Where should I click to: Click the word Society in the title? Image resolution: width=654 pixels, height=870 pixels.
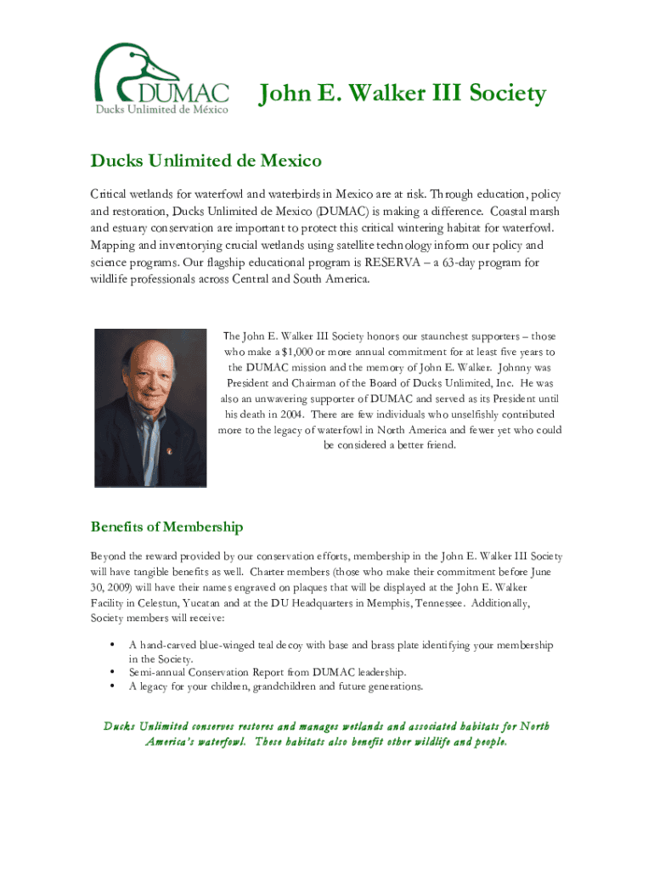[502, 93]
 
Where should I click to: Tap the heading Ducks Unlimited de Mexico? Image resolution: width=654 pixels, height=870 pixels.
[206, 161]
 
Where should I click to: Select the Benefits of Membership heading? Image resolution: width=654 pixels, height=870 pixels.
[167, 527]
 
